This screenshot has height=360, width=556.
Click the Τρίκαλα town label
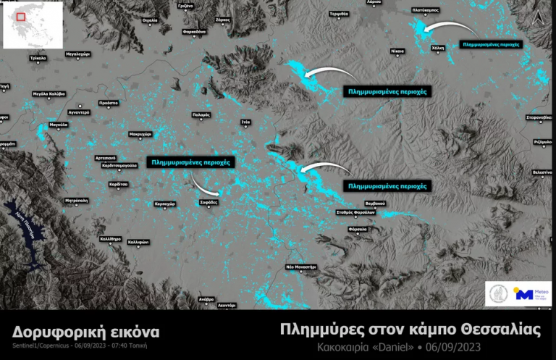(38, 57)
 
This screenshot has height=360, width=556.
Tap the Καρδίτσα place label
(119, 185)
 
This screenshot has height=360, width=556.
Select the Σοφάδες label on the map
(208, 204)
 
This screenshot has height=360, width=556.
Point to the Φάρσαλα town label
(358, 229)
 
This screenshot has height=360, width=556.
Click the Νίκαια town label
(397, 52)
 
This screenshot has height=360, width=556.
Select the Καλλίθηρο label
(111, 239)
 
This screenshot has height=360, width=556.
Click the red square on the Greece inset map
(22, 17)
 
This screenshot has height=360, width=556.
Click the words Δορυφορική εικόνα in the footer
(85, 332)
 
